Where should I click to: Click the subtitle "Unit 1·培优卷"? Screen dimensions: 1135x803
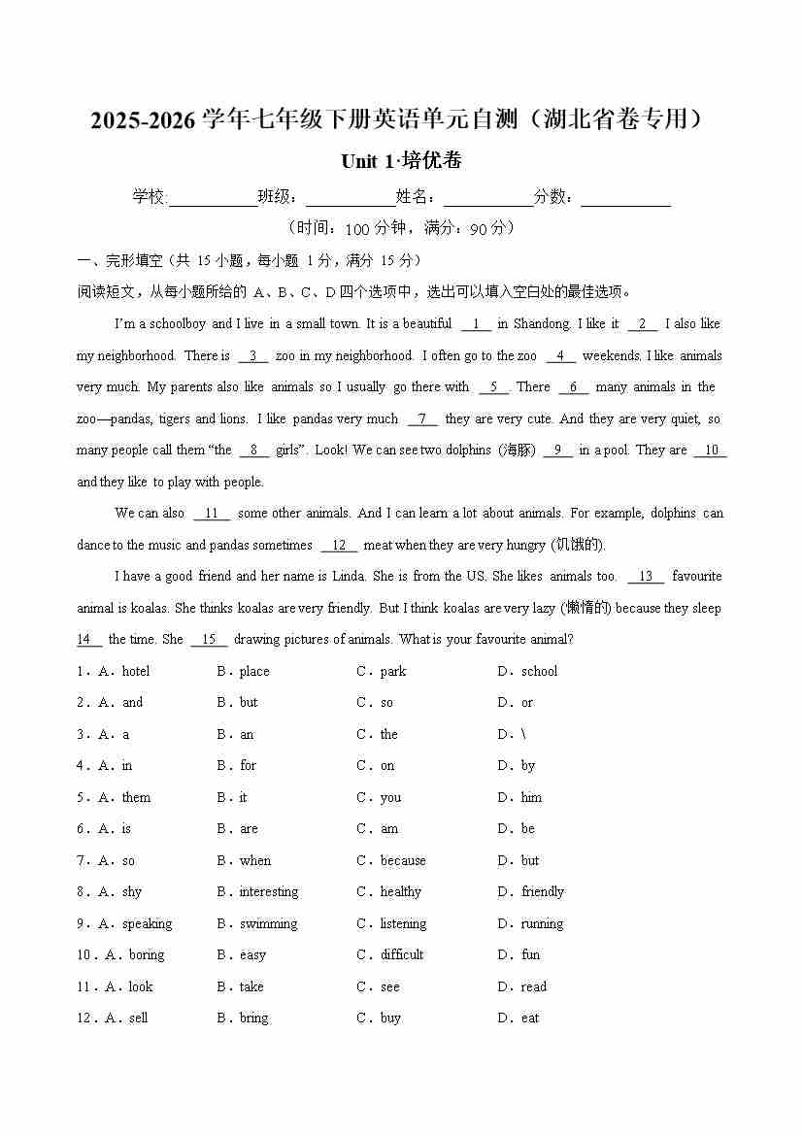[x=401, y=161]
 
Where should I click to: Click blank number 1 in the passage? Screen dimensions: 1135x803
[x=476, y=324]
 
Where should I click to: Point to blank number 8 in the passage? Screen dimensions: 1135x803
[x=253, y=451]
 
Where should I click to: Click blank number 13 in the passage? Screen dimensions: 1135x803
[x=646, y=577]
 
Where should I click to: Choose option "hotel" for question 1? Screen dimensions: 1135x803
[x=135, y=672]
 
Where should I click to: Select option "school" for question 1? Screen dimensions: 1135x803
[x=539, y=672]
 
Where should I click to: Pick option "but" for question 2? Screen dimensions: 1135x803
[x=249, y=703]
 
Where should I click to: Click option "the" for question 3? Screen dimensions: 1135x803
[x=388, y=735]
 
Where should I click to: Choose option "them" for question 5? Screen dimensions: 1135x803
[x=136, y=798]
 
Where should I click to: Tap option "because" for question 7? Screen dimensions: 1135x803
[x=403, y=861]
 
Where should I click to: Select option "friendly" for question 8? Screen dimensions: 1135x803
[x=542, y=892]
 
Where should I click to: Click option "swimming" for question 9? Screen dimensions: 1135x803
[x=268, y=924]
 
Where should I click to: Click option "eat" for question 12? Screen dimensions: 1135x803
[x=529, y=1018]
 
